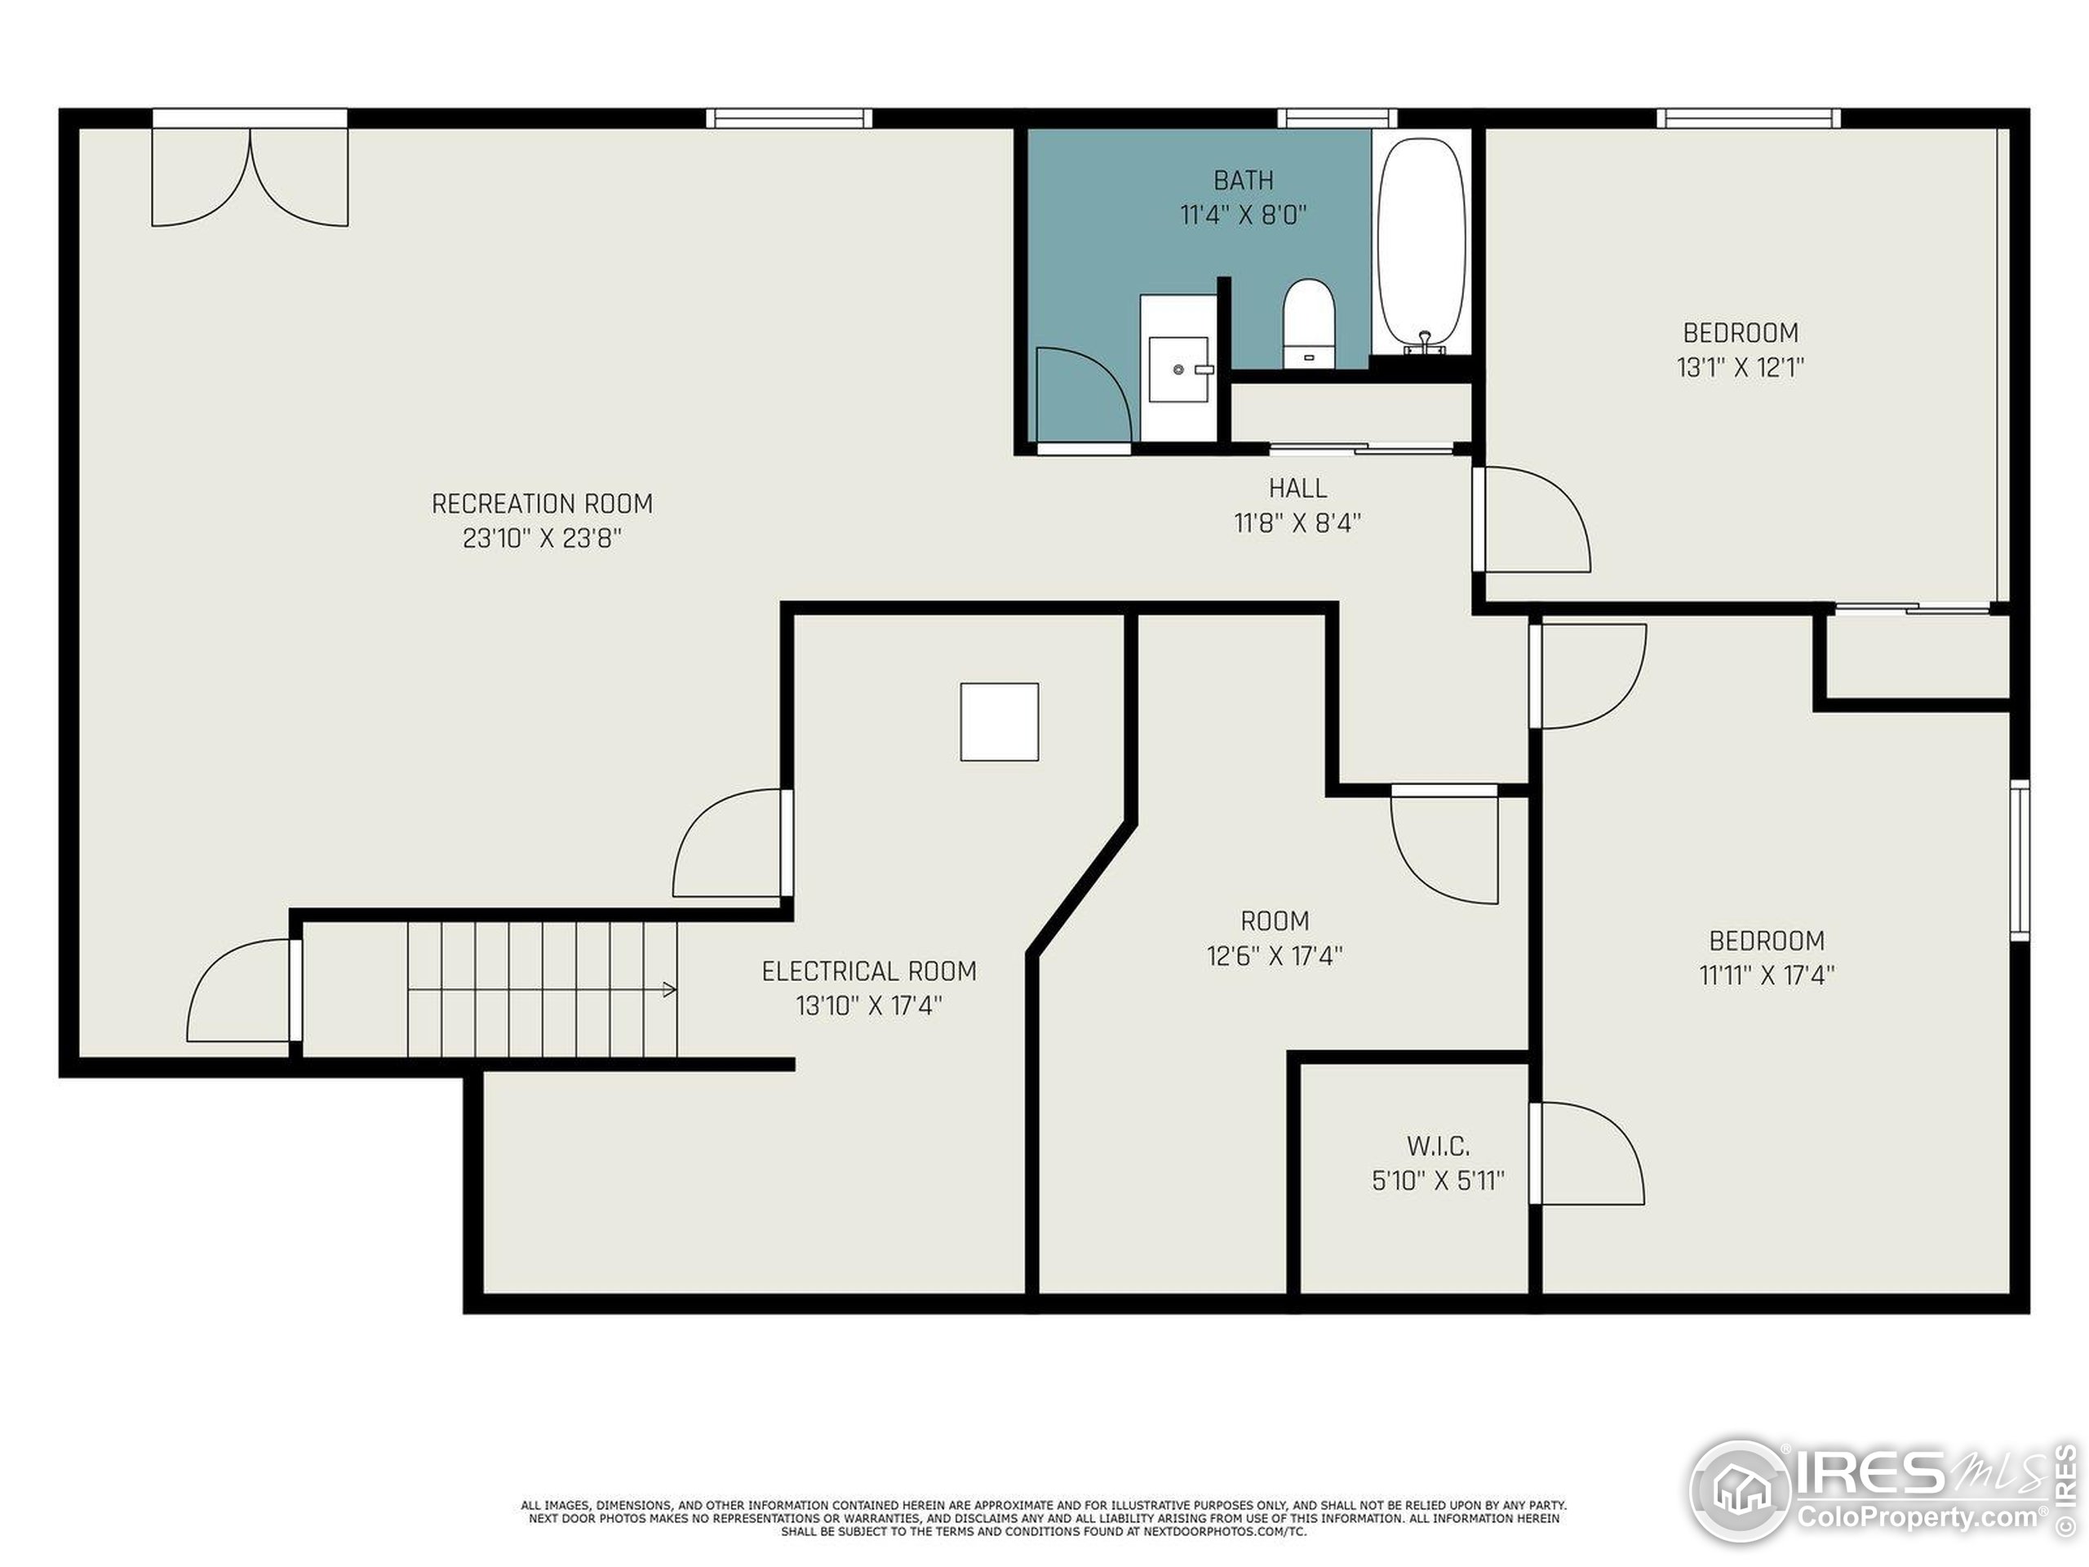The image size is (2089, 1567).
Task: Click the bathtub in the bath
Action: (1421, 246)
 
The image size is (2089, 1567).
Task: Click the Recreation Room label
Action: (542, 504)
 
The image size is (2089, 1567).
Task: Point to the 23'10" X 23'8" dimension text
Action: (542, 539)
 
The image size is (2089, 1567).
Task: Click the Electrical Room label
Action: (869, 971)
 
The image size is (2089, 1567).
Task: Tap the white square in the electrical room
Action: (999, 721)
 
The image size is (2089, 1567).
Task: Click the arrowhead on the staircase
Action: (670, 990)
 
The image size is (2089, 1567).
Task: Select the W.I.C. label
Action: (1439, 1147)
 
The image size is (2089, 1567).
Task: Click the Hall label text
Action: (1297, 488)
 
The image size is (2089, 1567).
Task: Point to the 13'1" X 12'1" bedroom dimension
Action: (1741, 367)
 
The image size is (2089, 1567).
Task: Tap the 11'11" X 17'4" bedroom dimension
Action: (1767, 974)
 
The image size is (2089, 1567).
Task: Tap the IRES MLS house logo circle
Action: (1741, 1490)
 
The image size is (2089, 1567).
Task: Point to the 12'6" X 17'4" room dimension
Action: (1275, 956)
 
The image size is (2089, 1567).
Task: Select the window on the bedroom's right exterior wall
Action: (2019, 859)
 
